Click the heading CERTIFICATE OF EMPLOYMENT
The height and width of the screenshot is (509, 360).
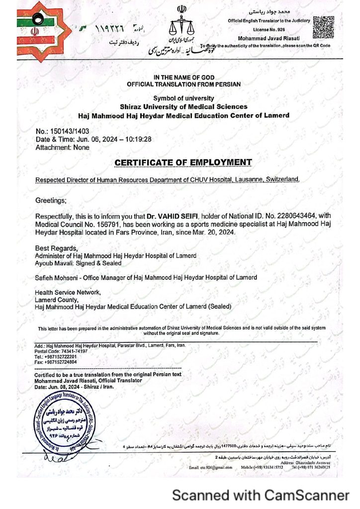coord(183,162)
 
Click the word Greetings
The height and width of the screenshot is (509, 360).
coord(51,200)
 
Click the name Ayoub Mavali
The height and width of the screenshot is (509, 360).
coord(52,262)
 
